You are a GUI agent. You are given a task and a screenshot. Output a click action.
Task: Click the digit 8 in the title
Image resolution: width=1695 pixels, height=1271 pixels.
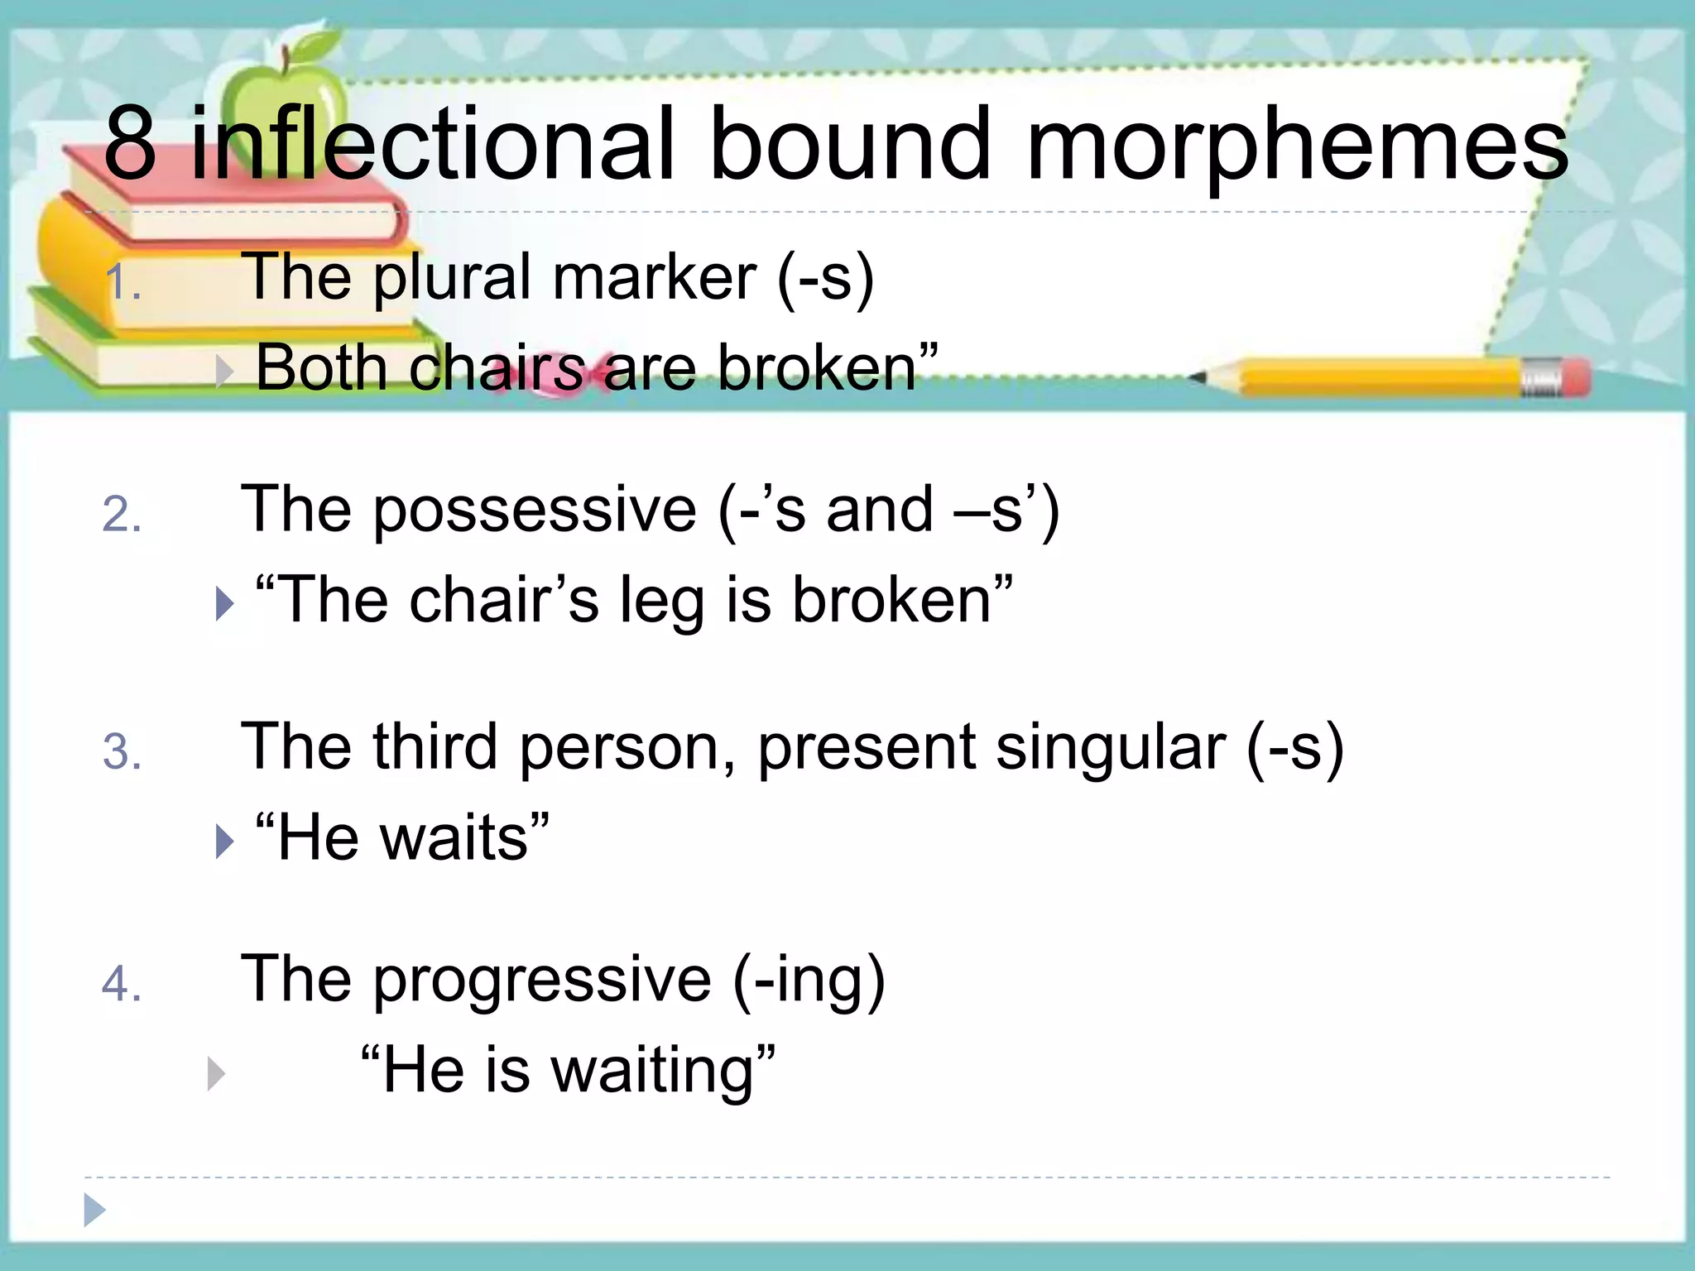[131, 146]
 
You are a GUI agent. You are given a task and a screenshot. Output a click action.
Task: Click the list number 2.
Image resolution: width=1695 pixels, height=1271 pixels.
[122, 515]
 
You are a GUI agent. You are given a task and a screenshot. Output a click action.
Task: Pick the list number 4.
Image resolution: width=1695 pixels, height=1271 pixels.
[122, 985]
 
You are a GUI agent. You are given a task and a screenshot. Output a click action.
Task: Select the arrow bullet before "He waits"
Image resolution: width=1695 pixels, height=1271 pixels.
[223, 842]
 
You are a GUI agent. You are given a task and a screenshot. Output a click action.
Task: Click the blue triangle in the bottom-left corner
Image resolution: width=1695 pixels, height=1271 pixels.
[94, 1211]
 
